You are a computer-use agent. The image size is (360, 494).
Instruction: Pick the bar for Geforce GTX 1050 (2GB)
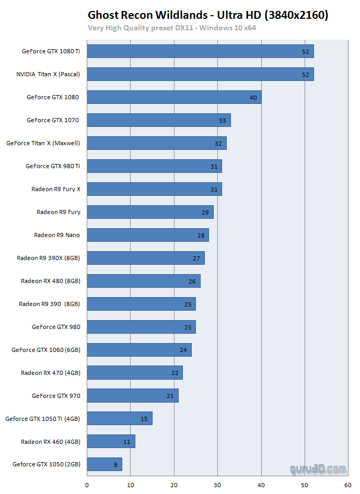[x=104, y=464]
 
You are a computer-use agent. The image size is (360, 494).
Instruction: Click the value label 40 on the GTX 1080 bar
[x=253, y=98]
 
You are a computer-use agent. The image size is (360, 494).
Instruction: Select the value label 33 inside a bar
[x=223, y=121]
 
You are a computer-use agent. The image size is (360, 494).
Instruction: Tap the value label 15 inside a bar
[x=144, y=419]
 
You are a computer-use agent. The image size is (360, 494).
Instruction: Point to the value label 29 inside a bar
[x=205, y=213]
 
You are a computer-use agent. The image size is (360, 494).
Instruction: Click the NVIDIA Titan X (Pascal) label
[x=48, y=74]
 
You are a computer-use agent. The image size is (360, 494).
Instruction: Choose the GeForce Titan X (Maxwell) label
[x=43, y=143]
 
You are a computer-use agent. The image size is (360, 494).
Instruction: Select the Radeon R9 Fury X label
[x=56, y=189]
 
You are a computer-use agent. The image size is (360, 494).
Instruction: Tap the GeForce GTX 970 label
[x=56, y=396]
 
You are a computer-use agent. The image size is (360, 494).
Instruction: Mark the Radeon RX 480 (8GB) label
[x=51, y=281]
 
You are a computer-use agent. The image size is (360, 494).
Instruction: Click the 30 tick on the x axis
[x=217, y=485]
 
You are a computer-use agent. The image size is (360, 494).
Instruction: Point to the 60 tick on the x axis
[x=347, y=485]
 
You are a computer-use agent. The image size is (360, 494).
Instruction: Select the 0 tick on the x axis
[x=87, y=485]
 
